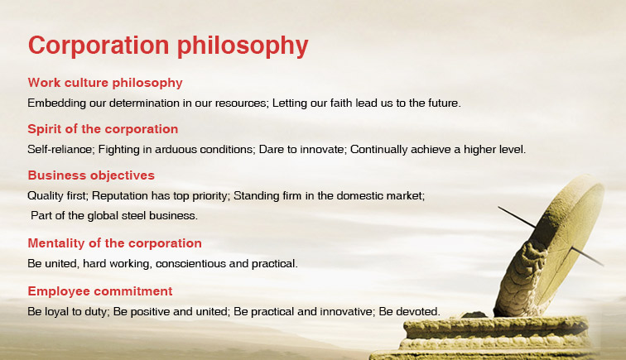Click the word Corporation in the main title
click(x=99, y=45)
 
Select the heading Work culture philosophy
click(x=105, y=83)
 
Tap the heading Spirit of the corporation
click(x=103, y=129)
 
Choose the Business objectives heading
click(x=91, y=175)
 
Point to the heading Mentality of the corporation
click(x=114, y=243)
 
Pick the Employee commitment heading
click(x=100, y=291)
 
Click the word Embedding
click(x=56, y=103)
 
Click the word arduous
click(x=176, y=149)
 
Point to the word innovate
click(x=324, y=149)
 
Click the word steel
click(x=134, y=215)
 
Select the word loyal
click(x=56, y=312)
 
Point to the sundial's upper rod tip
click(x=498, y=207)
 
